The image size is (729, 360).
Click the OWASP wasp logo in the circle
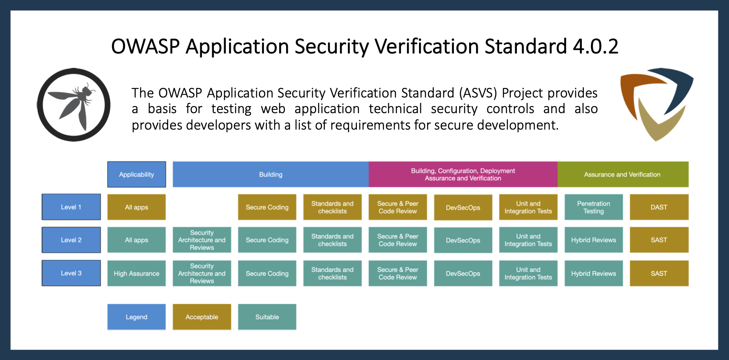click(x=74, y=105)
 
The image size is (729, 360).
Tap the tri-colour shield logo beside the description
click(x=656, y=104)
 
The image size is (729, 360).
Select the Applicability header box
click(x=137, y=174)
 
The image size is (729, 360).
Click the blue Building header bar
click(x=271, y=174)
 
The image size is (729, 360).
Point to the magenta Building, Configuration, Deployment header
click(x=463, y=174)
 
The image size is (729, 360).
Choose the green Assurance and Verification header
click(x=623, y=174)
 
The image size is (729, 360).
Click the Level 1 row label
click(x=71, y=207)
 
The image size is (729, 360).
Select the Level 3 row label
click(x=71, y=273)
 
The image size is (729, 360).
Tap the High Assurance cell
click(x=137, y=273)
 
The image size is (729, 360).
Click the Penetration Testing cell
click(x=593, y=207)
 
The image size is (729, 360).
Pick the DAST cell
click(x=659, y=207)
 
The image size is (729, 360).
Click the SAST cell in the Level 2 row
click(x=659, y=240)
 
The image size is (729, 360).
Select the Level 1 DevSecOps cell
click(x=463, y=207)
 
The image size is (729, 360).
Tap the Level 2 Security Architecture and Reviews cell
click(x=202, y=240)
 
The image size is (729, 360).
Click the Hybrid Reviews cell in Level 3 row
click(x=593, y=273)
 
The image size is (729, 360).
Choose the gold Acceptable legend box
click(x=202, y=317)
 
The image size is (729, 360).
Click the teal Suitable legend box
click(x=267, y=317)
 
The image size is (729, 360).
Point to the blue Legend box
click(x=137, y=317)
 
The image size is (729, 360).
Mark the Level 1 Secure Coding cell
click(x=267, y=207)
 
